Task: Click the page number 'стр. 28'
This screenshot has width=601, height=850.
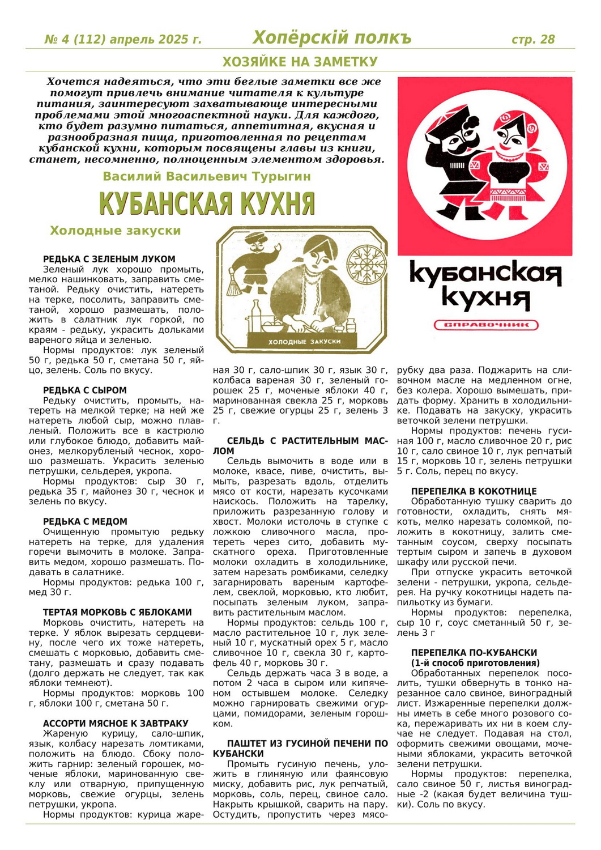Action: point(532,39)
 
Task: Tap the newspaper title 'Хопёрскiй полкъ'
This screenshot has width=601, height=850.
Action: point(331,38)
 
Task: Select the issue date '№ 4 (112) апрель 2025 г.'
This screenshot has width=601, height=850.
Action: point(123,40)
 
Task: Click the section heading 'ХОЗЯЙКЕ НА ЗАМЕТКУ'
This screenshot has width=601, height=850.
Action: point(300,61)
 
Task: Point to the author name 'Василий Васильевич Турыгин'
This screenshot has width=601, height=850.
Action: point(207,176)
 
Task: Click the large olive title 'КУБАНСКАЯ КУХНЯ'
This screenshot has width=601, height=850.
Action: point(207,203)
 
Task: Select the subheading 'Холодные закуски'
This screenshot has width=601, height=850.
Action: point(115,231)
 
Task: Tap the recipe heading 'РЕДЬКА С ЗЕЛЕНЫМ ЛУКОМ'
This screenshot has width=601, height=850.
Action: point(109,259)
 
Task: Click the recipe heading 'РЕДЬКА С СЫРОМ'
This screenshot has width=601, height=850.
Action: point(85,390)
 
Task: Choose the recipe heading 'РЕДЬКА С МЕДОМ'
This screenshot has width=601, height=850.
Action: point(86,521)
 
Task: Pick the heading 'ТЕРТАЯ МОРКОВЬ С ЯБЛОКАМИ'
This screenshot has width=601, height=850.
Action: point(117,613)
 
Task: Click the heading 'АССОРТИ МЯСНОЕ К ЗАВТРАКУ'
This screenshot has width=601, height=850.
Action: point(116,724)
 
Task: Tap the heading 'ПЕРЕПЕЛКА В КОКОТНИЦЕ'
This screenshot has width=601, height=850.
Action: point(474,491)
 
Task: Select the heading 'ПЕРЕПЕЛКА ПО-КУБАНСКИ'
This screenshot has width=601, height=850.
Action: point(474,653)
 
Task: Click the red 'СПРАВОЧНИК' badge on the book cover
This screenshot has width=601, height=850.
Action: point(485,325)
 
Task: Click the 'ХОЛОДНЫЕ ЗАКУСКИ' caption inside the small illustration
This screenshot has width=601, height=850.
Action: point(304,342)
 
